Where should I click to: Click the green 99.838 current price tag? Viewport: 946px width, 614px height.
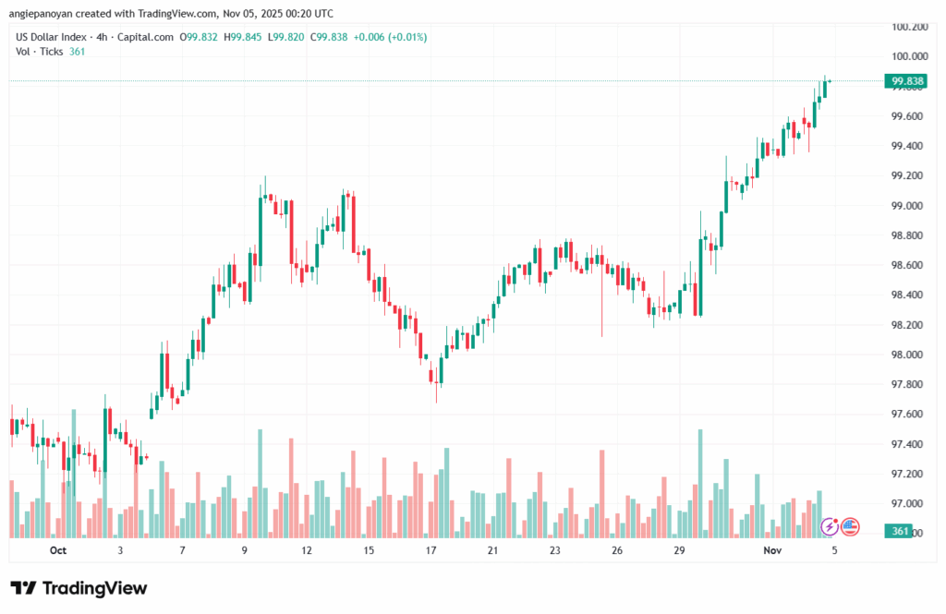(x=906, y=81)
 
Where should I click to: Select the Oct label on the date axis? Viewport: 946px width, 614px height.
(x=58, y=550)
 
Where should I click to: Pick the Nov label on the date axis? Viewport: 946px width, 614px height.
(x=771, y=550)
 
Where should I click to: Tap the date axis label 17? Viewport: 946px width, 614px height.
(x=431, y=550)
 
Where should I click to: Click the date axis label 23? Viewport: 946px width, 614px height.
(x=554, y=550)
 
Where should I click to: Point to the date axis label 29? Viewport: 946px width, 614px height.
(x=679, y=550)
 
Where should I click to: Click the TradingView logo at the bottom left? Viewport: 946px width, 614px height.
(x=79, y=588)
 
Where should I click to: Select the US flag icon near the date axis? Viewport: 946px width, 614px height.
(x=850, y=526)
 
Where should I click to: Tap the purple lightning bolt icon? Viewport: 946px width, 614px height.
(x=830, y=526)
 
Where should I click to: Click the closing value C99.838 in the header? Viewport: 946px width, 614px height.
(x=330, y=37)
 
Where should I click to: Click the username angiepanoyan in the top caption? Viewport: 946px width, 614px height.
(x=48, y=13)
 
